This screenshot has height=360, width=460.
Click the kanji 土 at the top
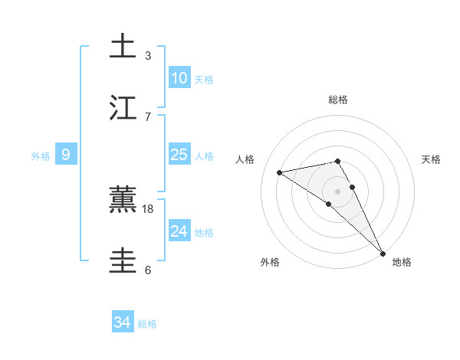(123, 46)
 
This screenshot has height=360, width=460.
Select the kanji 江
(123, 107)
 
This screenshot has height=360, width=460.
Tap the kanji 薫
(123, 200)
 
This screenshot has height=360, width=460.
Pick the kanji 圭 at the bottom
(123, 261)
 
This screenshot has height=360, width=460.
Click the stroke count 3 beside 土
(148, 55)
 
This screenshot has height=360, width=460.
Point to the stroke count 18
(149, 209)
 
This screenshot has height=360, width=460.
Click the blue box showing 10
(179, 78)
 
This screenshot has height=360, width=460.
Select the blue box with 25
(179, 155)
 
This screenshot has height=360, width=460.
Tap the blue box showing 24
(179, 231)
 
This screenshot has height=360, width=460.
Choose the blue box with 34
(123, 323)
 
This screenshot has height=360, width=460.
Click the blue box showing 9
(66, 155)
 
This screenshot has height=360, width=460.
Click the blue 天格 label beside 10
(204, 80)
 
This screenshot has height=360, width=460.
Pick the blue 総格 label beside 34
(147, 325)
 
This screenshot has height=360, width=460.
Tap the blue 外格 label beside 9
(41, 156)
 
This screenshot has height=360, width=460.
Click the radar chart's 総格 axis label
(338, 100)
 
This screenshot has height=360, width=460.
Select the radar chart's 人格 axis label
(245, 159)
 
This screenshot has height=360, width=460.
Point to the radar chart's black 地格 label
(402, 262)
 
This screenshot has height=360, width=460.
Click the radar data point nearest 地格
(383, 252)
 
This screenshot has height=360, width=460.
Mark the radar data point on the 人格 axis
(280, 172)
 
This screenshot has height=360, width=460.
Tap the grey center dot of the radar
(338, 191)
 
